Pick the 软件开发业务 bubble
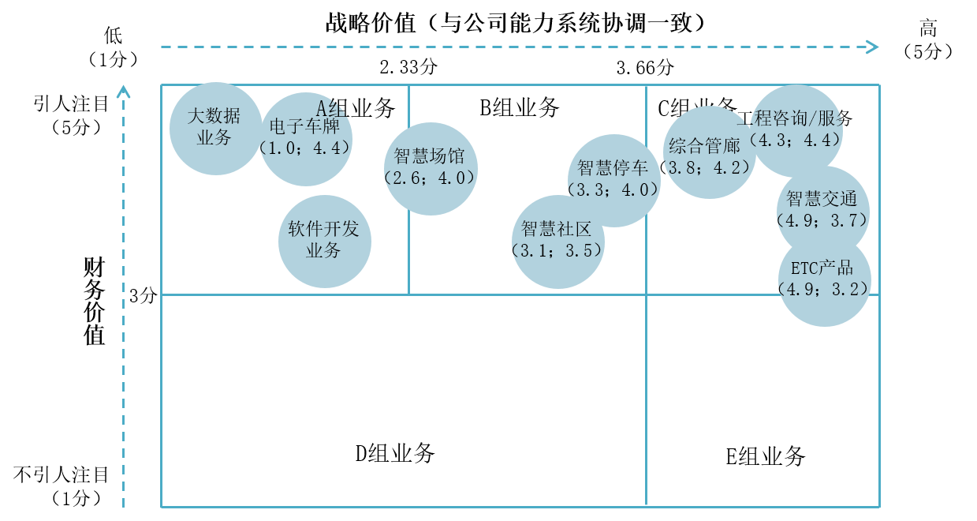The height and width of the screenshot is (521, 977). [324, 241]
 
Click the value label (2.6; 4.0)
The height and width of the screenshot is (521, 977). [431, 178]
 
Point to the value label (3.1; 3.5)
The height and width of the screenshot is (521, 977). [557, 251]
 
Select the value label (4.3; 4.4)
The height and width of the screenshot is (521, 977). [795, 141]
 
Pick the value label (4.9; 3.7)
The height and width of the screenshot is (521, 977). [822, 220]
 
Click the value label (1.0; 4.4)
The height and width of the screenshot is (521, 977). [305, 148]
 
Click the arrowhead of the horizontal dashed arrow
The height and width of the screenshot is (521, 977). [873, 47]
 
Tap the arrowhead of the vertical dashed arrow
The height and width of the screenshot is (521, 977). [124, 92]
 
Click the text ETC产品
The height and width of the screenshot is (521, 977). [822, 268]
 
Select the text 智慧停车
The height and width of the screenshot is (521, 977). [613, 168]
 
